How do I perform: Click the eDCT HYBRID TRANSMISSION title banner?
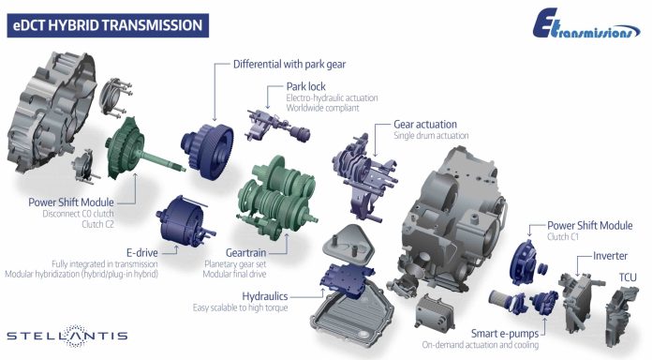pyautogui.click(x=108, y=25)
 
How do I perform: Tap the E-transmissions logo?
pyautogui.click(x=585, y=25)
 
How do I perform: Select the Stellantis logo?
pyautogui.click(x=67, y=336)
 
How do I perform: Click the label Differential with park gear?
pyautogui.click(x=289, y=65)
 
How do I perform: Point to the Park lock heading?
pyautogui.click(x=305, y=86)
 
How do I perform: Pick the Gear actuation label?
pyautogui.click(x=425, y=125)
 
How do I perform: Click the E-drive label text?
pyautogui.click(x=141, y=252)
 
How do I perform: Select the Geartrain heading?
pyautogui.click(x=245, y=252)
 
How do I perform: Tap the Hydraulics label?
pyautogui.click(x=265, y=296)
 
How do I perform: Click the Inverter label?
pyautogui.click(x=610, y=256)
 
